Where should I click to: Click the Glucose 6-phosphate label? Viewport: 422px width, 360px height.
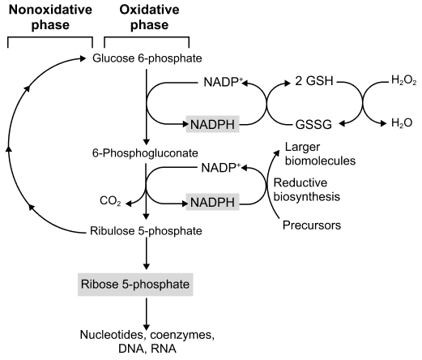pos(147,58)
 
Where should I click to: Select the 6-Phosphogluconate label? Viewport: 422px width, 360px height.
pos(145,153)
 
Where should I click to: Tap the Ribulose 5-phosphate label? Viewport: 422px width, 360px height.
pos(146,231)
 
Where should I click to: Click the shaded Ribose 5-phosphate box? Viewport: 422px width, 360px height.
pos(135,285)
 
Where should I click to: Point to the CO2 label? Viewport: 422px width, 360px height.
pos(110,201)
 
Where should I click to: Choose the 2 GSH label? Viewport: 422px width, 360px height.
pos(314,81)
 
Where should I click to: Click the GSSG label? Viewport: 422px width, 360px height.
pos(313,125)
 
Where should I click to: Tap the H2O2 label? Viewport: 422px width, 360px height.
pos(403,80)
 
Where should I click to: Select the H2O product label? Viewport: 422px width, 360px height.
pos(402,123)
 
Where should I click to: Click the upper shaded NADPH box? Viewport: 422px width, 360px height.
pos(212,124)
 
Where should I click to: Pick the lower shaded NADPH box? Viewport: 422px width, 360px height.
pos(212,202)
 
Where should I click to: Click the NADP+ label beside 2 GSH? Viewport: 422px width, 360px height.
pos(223,82)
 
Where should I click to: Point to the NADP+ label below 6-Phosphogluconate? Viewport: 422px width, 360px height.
pos(221,168)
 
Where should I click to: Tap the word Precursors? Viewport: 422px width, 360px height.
pos(312,225)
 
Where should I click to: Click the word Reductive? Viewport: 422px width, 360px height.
pos(301,182)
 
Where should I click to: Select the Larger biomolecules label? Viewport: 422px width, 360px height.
pos(320,154)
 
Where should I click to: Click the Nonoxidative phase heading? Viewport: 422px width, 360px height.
pos(50,17)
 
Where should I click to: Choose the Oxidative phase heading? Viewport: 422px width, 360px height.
pos(149,17)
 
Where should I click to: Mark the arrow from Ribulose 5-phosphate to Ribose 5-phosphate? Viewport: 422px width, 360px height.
pos(146,253)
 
